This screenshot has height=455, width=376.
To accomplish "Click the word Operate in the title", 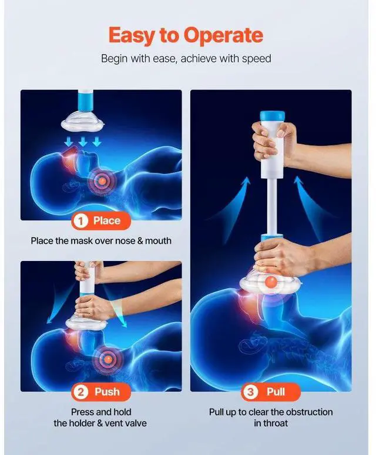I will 223,36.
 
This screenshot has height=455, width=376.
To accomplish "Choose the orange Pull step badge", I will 270,392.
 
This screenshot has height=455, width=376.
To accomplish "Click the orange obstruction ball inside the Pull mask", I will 271,283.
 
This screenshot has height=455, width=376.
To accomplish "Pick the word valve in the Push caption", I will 136,423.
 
